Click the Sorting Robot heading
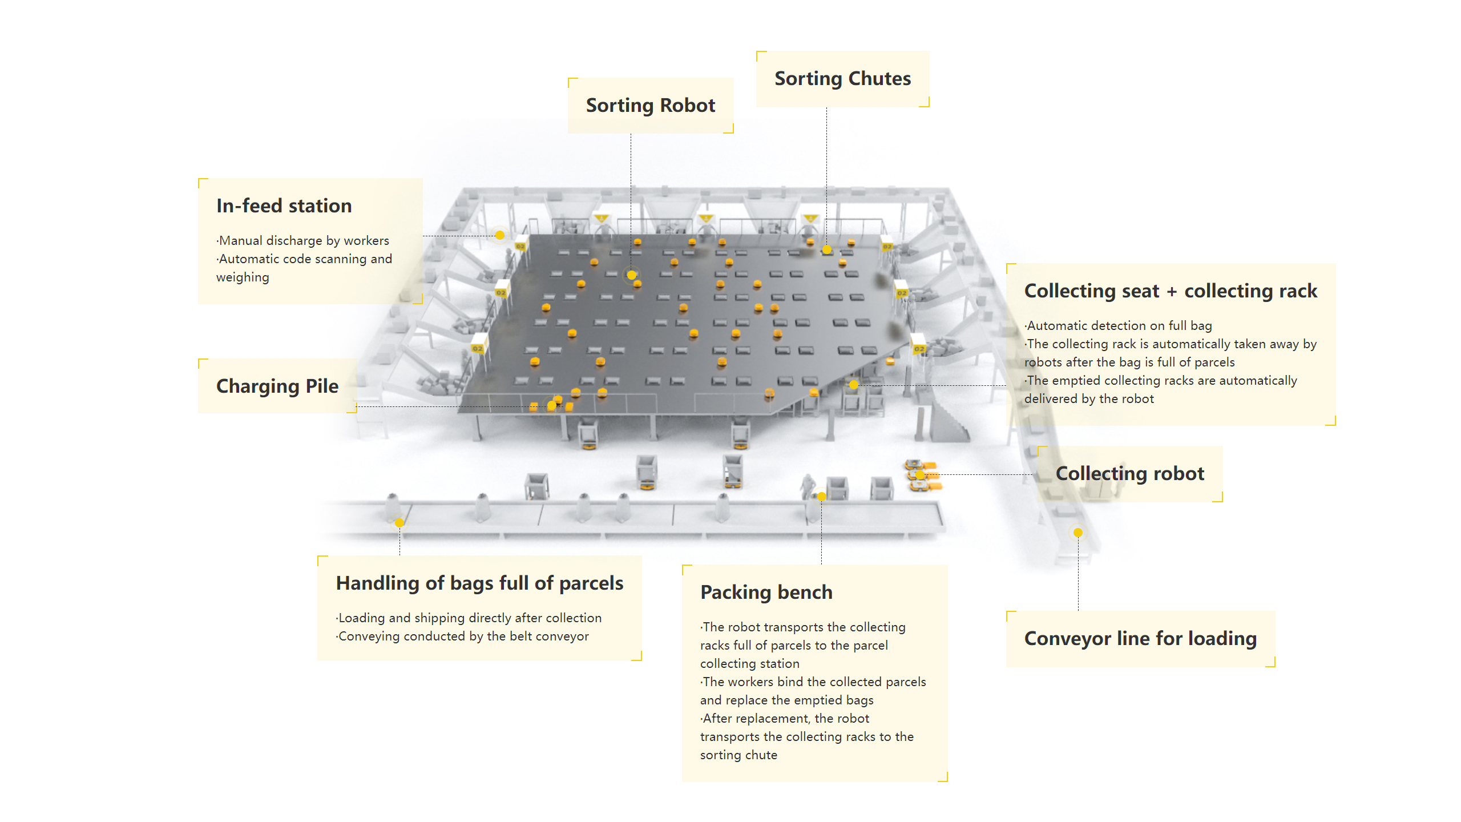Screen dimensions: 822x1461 click(650, 106)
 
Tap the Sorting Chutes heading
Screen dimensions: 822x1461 click(842, 79)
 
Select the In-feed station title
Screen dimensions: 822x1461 click(284, 206)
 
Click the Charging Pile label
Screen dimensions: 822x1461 click(277, 386)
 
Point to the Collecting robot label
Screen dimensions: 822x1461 click(1129, 474)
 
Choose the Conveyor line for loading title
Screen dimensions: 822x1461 click(1140, 639)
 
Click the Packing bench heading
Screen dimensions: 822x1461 click(766, 593)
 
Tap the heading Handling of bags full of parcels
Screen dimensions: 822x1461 click(479, 583)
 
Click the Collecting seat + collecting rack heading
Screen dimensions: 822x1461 click(1171, 291)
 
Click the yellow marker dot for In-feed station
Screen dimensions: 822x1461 click(500, 235)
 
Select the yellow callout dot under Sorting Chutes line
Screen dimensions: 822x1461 click(826, 249)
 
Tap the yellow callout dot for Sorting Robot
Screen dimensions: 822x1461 click(631, 275)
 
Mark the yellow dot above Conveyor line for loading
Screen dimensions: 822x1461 click(1077, 533)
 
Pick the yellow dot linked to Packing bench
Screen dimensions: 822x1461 click(821, 497)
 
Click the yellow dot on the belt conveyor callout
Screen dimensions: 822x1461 click(399, 523)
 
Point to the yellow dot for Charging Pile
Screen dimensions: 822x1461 click(551, 405)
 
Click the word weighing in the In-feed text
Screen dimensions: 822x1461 click(243, 277)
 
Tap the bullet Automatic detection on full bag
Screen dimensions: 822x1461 click(1119, 326)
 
